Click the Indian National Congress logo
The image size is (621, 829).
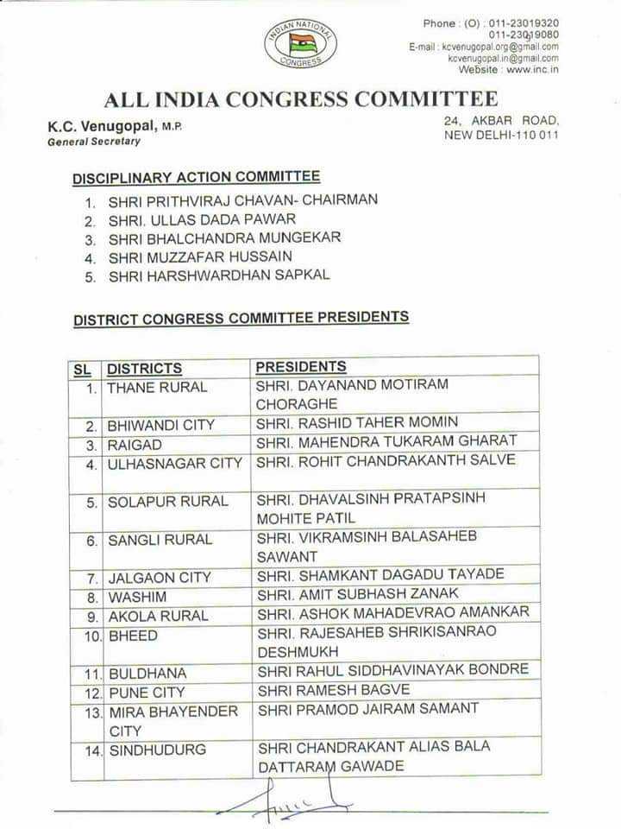tap(300, 43)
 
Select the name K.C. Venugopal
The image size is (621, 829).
tap(102, 126)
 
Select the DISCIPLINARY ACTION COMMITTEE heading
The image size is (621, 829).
tap(196, 177)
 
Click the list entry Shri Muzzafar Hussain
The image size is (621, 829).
tap(200, 256)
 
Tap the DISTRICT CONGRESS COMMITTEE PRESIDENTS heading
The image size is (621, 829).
tap(241, 318)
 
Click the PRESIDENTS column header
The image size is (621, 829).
tap(301, 367)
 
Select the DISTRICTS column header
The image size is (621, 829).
tap(145, 369)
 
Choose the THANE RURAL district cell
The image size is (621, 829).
tap(157, 387)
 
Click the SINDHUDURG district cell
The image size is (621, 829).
tap(157, 750)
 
